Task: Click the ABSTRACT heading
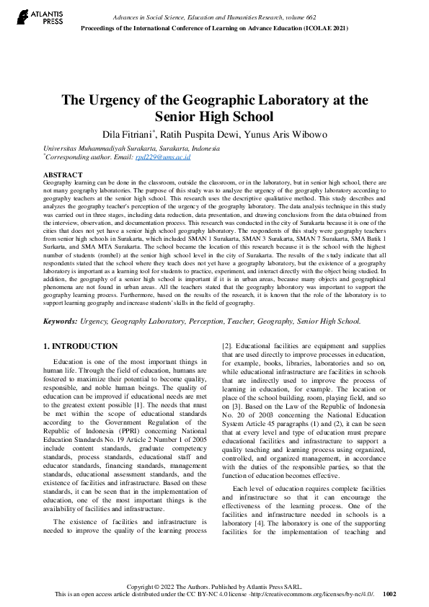click(x=63, y=175)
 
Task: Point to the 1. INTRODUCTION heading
click(x=80, y=347)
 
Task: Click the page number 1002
click(x=389, y=595)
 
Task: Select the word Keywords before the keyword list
click(x=61, y=322)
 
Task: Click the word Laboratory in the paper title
click(x=285, y=100)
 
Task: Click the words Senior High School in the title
click(x=215, y=116)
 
